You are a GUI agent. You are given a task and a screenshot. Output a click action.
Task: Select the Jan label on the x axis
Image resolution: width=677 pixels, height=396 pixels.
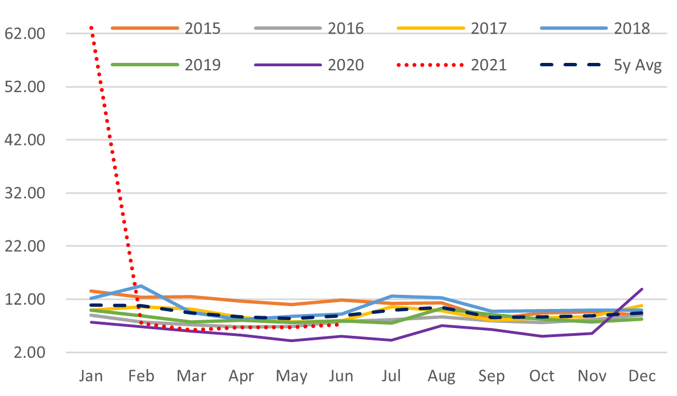point(92,376)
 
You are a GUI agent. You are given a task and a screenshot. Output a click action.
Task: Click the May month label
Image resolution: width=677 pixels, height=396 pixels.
point(292,376)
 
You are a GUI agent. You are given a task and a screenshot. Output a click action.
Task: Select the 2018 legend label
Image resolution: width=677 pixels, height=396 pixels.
point(632,28)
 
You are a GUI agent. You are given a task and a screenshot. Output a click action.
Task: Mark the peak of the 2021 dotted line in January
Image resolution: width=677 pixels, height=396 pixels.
point(92,27)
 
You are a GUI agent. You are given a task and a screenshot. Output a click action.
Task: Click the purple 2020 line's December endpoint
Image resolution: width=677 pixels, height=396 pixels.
point(642,289)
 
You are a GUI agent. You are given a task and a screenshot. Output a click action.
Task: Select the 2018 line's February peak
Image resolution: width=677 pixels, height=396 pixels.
point(142,286)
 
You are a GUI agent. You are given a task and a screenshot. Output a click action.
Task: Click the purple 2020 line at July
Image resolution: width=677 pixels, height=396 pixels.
point(392,340)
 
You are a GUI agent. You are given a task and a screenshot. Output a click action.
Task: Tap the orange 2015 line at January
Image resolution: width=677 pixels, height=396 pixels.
point(92,291)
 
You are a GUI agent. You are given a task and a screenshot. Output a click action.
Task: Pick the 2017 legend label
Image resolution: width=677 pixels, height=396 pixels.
point(488,28)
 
